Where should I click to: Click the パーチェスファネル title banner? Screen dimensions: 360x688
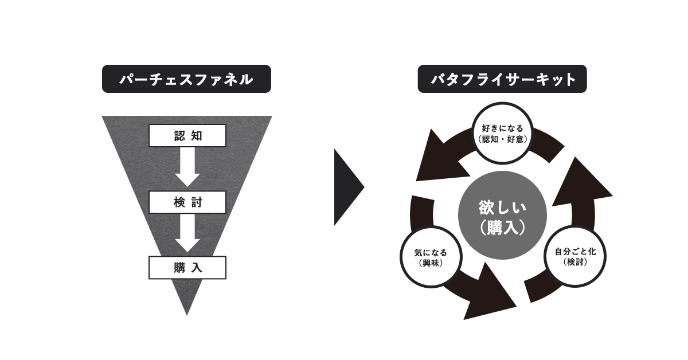186,80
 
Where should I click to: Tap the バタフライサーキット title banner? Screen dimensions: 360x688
502,79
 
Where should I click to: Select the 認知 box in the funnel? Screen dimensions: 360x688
187,135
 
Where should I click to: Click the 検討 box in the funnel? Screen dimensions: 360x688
187,202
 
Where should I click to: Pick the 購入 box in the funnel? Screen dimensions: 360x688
187,267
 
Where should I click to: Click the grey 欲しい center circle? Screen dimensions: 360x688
502,216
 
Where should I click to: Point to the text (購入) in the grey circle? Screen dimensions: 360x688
502,228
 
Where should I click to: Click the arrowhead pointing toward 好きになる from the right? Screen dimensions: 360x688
582,183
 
